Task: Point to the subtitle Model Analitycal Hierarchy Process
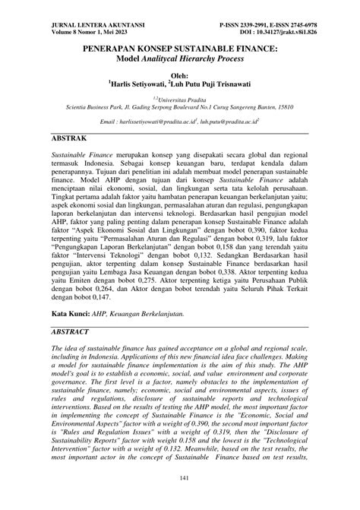pyautogui.click(x=181, y=58)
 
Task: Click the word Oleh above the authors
pyautogui.click(x=181, y=76)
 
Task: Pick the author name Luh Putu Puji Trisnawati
pyautogui.click(x=220, y=85)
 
